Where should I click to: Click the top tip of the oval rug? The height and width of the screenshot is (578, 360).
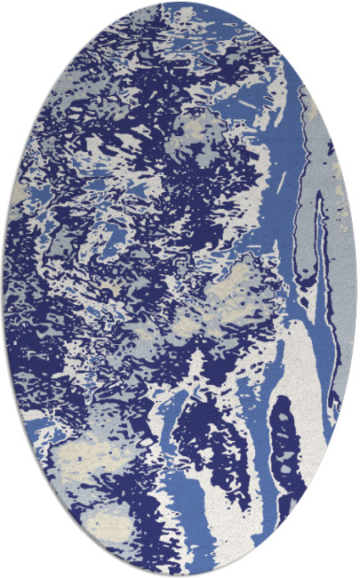tap(180, 3)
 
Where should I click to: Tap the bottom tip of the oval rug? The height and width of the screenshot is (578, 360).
tap(180, 575)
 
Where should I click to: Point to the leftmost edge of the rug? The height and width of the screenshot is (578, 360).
tap(3, 289)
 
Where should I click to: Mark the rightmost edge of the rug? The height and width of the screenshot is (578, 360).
tap(357, 289)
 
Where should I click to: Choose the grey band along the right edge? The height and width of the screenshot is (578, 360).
tap(342, 267)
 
